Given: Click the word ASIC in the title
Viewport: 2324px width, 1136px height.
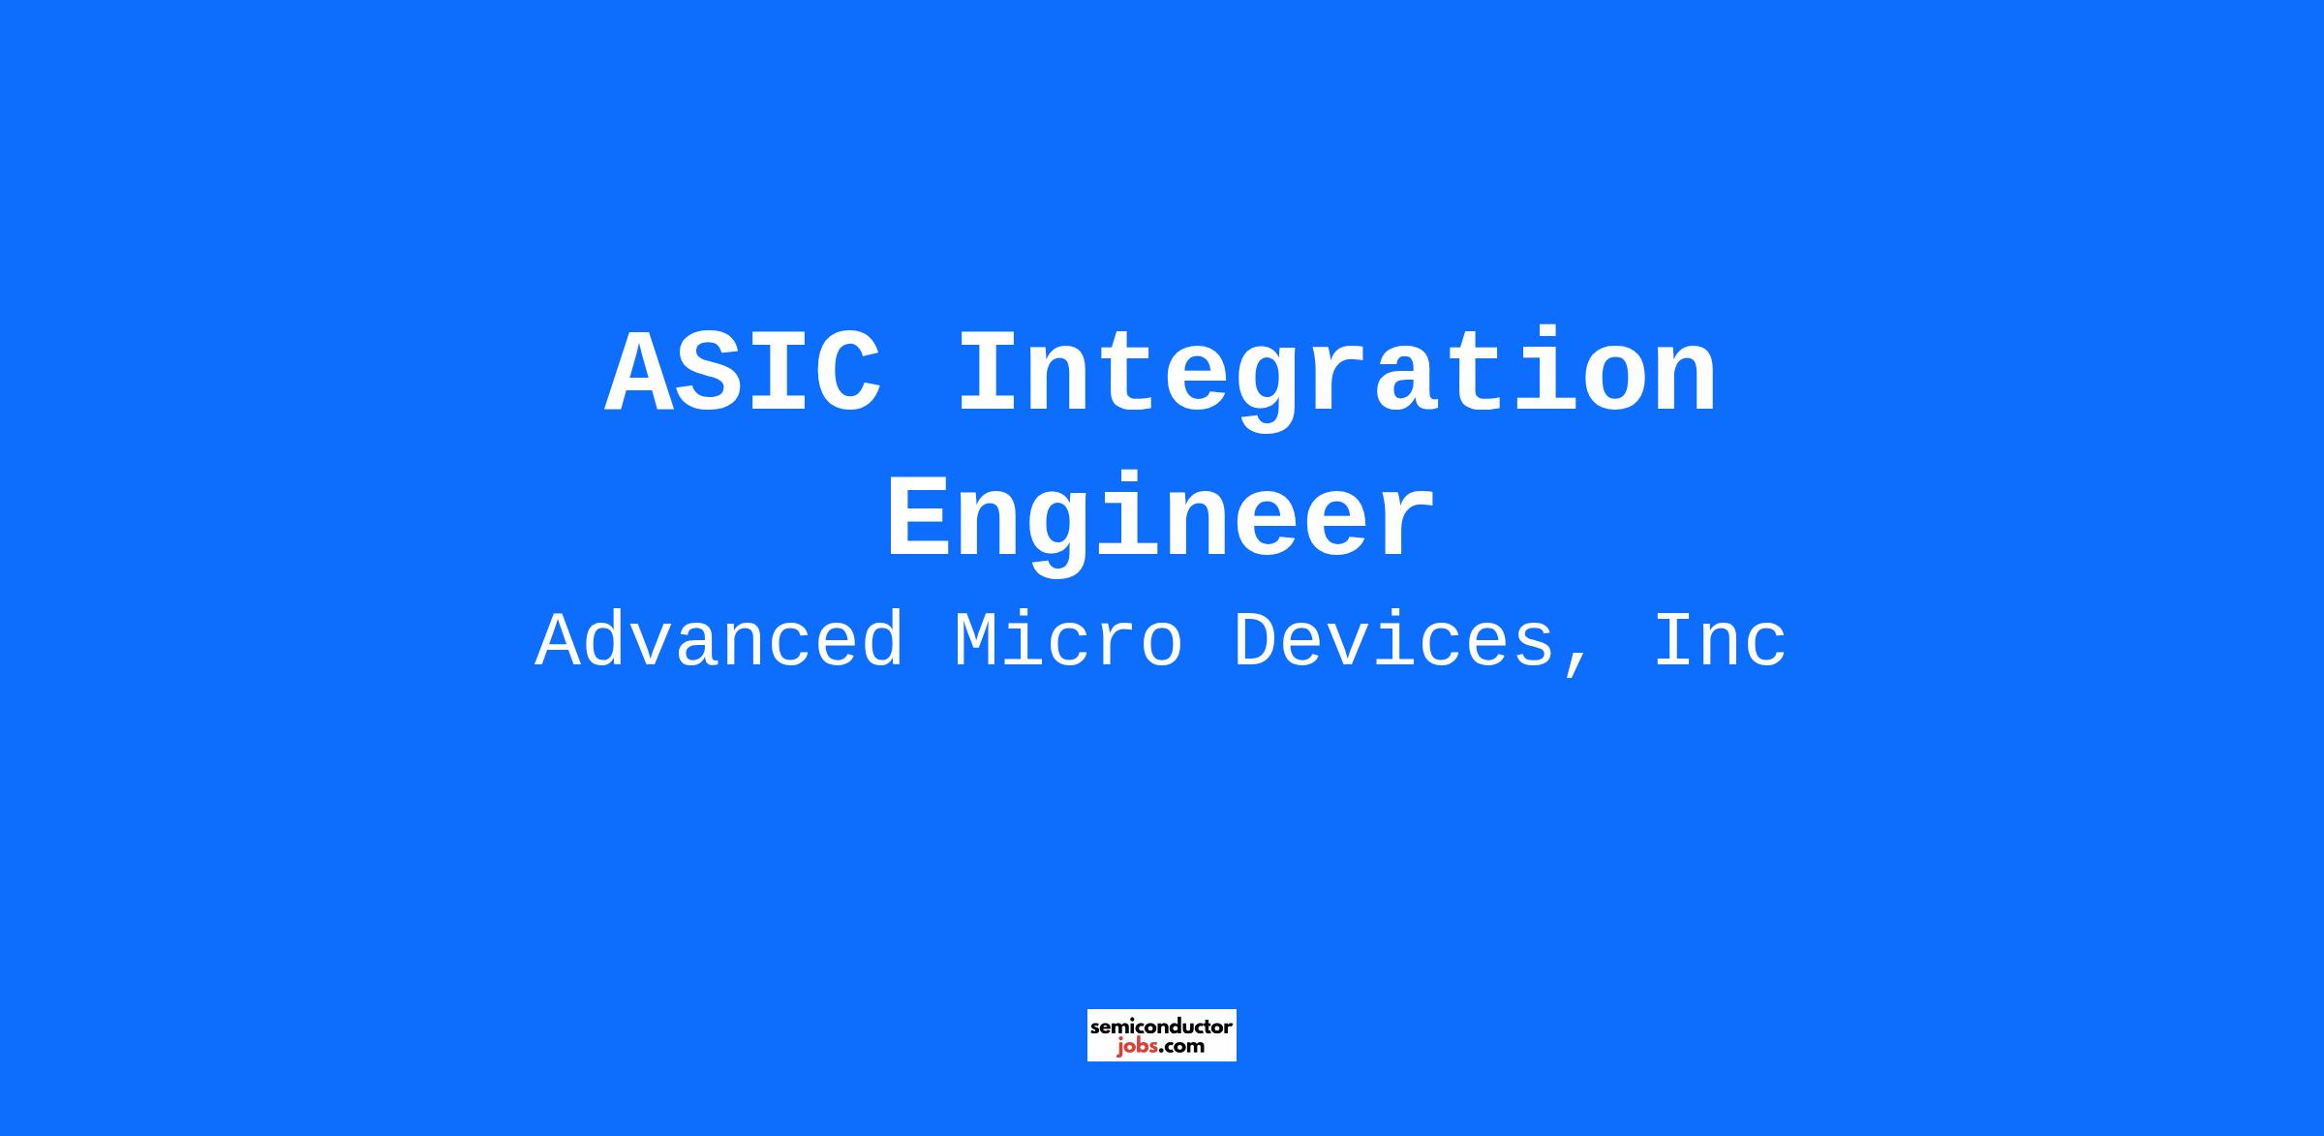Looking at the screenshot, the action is click(745, 373).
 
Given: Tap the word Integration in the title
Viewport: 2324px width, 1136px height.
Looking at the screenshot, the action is click(1337, 377).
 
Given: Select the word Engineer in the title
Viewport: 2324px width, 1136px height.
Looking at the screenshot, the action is click(1160, 522).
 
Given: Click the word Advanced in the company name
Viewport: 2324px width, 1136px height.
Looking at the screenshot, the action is click(720, 640).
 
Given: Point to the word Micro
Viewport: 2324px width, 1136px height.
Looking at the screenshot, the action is click(1068, 640).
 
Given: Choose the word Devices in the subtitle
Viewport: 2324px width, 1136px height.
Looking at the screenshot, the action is click(1393, 640).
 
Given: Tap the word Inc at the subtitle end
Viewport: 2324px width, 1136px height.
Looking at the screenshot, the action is click(1720, 640).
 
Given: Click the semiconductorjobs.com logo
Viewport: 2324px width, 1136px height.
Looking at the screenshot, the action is click(1162, 1035).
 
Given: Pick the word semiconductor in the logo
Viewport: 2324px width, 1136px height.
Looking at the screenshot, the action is click(1162, 1026).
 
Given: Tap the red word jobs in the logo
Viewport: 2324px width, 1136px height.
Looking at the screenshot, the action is click(1137, 1046).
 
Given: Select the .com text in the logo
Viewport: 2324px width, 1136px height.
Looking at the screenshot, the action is click(1181, 1046).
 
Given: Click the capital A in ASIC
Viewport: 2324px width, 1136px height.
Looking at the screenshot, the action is click(640, 373).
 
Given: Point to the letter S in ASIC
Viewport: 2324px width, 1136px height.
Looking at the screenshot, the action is click(710, 373).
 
